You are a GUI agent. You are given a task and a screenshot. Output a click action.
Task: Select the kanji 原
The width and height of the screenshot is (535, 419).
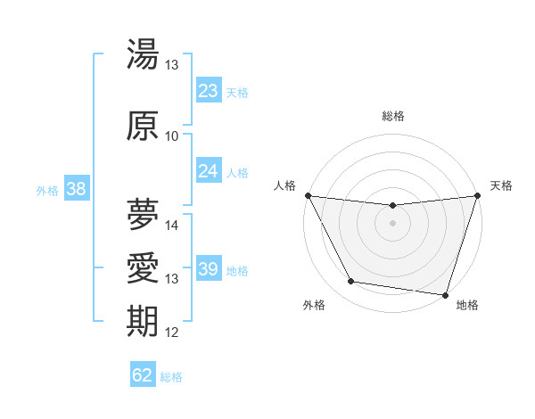(x=143, y=126)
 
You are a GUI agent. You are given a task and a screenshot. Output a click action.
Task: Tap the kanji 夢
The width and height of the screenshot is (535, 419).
(x=143, y=213)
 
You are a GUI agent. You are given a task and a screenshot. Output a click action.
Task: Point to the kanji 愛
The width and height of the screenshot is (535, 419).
(x=143, y=268)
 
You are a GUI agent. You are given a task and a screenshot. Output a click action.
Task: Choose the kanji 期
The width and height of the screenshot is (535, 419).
(x=143, y=322)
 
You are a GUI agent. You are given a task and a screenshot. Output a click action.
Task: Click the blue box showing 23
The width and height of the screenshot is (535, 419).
(x=208, y=91)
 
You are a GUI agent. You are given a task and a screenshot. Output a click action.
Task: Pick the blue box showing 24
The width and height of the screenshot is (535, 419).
(x=208, y=171)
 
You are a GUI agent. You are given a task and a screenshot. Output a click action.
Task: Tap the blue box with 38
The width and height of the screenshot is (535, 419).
(x=76, y=189)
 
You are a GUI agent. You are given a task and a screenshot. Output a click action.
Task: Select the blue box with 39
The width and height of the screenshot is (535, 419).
(x=208, y=269)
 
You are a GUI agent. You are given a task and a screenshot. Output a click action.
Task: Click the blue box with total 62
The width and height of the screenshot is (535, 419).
(x=143, y=375)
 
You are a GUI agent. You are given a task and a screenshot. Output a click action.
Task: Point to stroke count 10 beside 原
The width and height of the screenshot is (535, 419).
(x=172, y=136)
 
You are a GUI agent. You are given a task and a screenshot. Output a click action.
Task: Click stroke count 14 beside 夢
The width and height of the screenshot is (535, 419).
(x=172, y=226)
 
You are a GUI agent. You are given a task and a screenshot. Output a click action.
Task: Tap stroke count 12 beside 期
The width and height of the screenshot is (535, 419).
(x=172, y=333)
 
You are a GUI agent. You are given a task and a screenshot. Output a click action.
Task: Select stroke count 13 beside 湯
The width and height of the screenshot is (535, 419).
(x=172, y=65)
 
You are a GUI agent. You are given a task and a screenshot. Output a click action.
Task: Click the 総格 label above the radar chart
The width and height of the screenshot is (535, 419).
(x=393, y=116)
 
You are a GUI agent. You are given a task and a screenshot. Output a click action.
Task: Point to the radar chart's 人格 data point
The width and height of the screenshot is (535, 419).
(x=308, y=195)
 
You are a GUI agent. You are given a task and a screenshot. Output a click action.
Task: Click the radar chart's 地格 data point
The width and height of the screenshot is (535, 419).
(x=446, y=294)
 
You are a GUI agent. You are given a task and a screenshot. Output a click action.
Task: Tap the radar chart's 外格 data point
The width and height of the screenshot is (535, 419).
(x=350, y=282)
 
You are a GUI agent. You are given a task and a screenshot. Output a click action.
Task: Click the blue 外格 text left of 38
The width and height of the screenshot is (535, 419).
(x=47, y=190)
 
